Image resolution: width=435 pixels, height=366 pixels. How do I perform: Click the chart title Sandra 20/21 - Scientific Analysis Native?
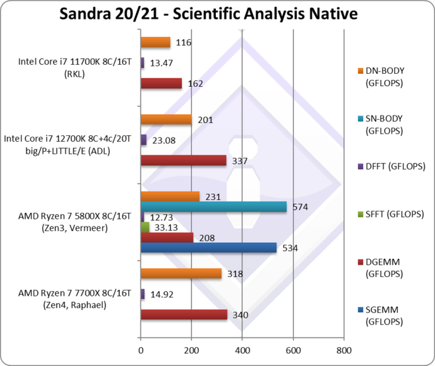[217, 14]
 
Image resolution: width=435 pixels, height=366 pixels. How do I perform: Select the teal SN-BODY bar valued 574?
[214, 207]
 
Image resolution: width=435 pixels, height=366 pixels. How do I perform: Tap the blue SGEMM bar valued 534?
[209, 248]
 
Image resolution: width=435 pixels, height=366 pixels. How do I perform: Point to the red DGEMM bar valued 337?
[183, 160]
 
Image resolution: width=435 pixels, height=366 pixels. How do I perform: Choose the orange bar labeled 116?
[156, 42]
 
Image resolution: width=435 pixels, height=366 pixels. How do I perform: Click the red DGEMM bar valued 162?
[161, 84]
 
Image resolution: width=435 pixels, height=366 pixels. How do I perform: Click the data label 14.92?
[162, 294]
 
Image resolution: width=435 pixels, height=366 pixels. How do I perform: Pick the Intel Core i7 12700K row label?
[68, 144]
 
